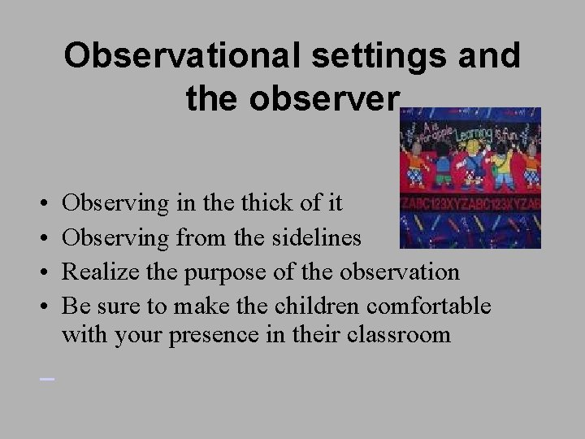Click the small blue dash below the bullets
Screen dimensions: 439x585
pos(46,378)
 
